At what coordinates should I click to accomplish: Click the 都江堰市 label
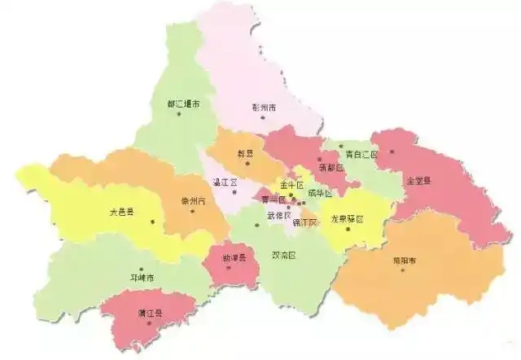coord(183,104)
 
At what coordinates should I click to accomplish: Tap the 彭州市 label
coord(265,107)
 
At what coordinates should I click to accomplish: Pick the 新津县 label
coord(234,257)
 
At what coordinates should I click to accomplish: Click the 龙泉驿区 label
coord(345,219)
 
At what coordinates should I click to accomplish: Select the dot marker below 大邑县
coord(129,222)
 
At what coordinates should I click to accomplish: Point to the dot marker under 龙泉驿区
coord(347,229)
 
